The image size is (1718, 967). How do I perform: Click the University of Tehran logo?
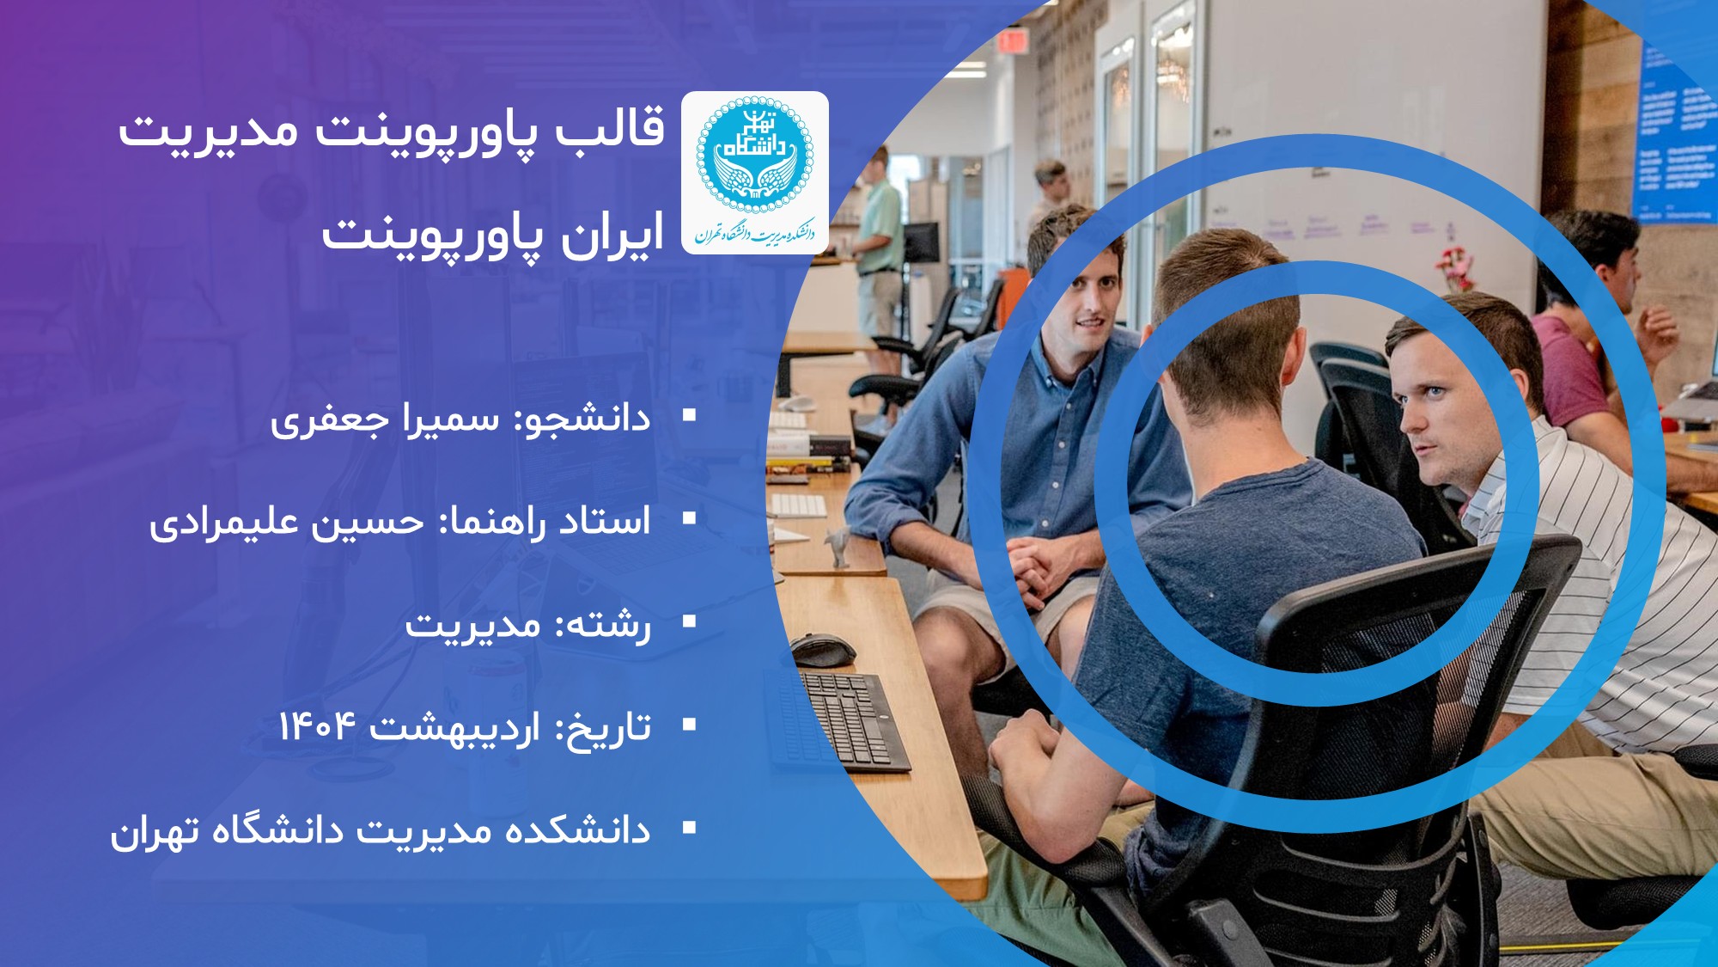point(755,172)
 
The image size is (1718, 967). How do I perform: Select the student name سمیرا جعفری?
point(385,420)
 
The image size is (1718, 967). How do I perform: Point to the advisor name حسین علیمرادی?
point(287,523)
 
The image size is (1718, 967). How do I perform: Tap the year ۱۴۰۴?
point(316,726)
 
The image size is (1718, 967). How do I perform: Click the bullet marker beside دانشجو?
point(689,416)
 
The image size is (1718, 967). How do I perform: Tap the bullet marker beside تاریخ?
point(689,725)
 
